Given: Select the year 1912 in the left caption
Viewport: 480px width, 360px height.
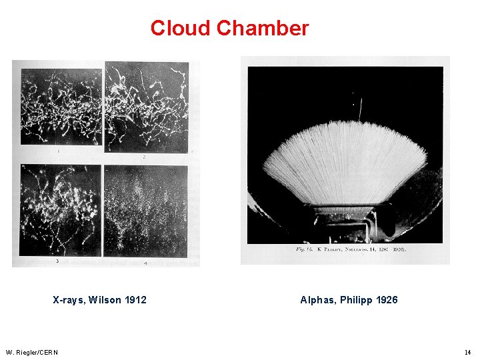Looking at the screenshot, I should coord(135,300).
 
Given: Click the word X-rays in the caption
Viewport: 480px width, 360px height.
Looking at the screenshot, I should coord(69,300).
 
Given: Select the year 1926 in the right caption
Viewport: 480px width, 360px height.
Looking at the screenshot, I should coord(387,300).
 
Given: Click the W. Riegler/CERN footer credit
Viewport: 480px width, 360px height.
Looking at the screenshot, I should coord(31,352).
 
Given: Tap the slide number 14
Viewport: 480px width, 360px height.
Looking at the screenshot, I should coord(468,352).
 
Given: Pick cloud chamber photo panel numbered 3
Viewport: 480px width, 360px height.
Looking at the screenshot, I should coord(60,210).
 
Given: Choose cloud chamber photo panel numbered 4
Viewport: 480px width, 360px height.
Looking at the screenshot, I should coord(146,210).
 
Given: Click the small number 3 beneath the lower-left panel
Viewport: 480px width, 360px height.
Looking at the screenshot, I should coord(57,261).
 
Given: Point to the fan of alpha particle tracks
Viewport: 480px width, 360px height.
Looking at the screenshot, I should coord(345,160).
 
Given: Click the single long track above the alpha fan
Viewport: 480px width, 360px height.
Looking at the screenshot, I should coord(360,109).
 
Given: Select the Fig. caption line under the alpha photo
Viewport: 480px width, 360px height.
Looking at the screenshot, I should coord(351,249).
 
